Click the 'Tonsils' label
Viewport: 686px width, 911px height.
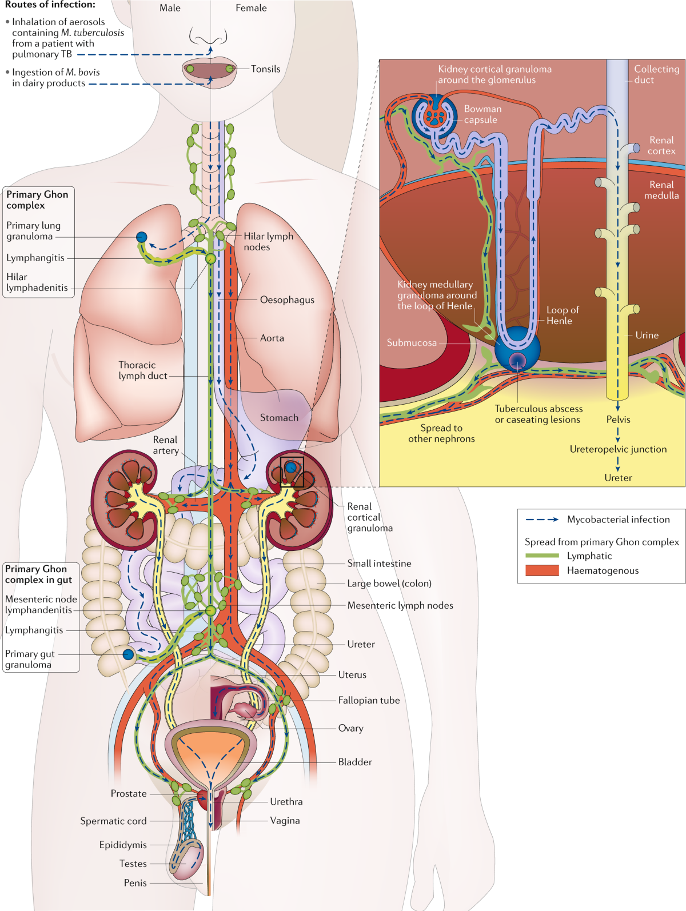(x=265, y=69)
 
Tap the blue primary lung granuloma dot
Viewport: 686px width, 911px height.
(x=141, y=237)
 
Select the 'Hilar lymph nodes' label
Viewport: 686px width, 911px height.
(x=268, y=241)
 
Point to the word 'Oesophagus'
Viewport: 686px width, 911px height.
(x=287, y=299)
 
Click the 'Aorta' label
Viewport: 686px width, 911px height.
(x=272, y=338)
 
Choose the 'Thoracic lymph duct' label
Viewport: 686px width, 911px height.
(x=142, y=370)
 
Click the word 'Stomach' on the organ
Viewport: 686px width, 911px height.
(x=279, y=418)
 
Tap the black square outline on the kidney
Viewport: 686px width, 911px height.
(x=292, y=472)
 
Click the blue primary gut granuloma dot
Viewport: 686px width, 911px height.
(x=128, y=654)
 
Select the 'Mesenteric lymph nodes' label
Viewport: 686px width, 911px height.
(x=400, y=605)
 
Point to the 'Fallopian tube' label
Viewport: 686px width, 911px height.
(x=369, y=700)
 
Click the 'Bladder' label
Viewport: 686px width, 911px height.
(x=354, y=762)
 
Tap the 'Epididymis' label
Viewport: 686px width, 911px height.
(x=123, y=845)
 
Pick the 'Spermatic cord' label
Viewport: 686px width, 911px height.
(x=113, y=821)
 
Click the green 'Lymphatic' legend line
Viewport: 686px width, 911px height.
(x=542, y=556)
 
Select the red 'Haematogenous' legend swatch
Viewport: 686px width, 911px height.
(x=542, y=570)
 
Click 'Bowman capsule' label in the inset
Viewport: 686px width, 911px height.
(x=482, y=114)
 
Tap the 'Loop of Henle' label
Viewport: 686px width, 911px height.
(x=562, y=315)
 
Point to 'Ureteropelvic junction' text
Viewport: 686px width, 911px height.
(x=618, y=449)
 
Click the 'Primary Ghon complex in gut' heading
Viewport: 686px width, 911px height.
(x=38, y=574)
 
